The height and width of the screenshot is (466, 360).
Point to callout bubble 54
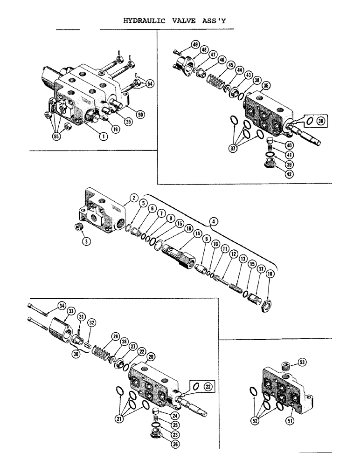(150, 83)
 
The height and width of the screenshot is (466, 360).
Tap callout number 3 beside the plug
(86, 241)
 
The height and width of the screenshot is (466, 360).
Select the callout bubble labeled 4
(213, 222)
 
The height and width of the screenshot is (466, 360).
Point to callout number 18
(270, 287)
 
